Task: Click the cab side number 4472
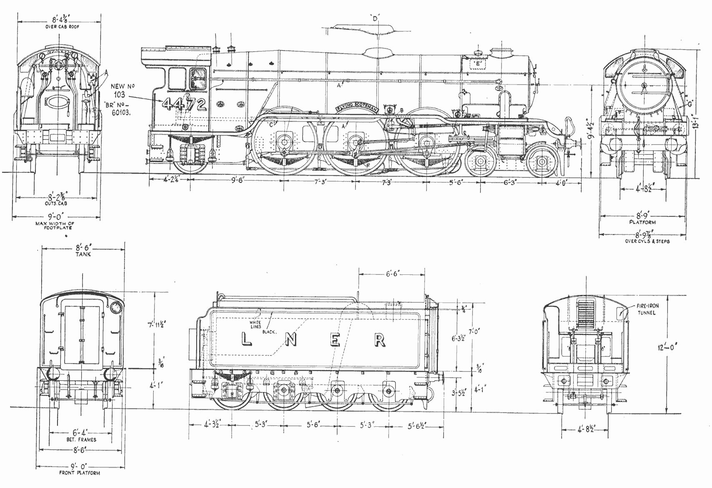[185, 104]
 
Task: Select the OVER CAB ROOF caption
[62, 27]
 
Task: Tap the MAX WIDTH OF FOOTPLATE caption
[56, 226]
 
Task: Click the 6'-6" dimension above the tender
[392, 274]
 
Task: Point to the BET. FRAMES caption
[81, 439]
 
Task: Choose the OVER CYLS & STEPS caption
[647, 241]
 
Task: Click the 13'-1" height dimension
[702, 123]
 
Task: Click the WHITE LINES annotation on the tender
[255, 324]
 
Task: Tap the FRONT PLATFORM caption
[79, 473]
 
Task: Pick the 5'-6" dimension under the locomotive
[456, 182]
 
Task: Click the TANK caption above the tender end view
[83, 254]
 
